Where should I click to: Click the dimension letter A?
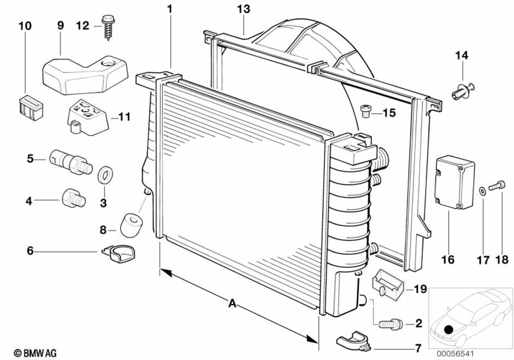232,303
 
